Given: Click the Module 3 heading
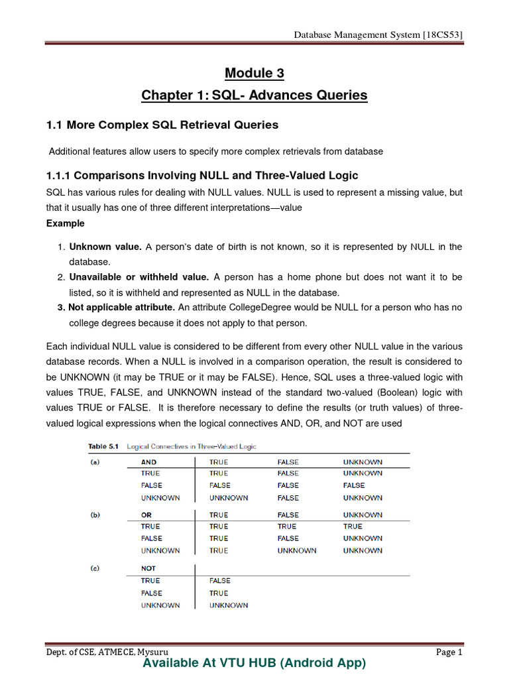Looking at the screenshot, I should [x=254, y=72].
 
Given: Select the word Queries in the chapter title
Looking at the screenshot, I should [x=340, y=95].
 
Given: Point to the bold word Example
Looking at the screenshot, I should [x=65, y=223].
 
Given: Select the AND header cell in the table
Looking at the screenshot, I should [x=148, y=462].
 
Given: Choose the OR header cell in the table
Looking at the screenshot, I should [x=146, y=515].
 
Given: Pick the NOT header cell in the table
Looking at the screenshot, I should [x=148, y=568].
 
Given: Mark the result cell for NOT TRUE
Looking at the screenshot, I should [x=219, y=581].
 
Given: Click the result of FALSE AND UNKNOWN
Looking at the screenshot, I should [x=354, y=485].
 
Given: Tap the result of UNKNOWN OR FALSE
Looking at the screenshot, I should [x=296, y=550].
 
